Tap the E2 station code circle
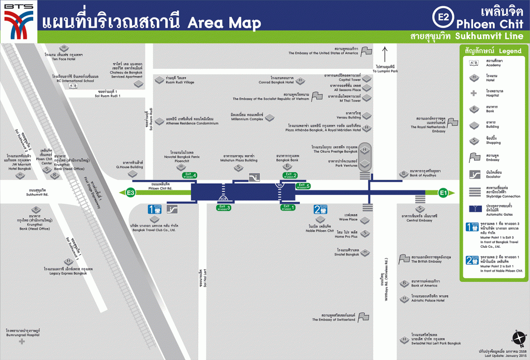[x=443, y=17]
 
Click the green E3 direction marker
[x=131, y=193]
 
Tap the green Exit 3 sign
[x=225, y=207]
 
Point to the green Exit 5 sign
[x=302, y=186]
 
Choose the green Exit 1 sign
[x=288, y=207]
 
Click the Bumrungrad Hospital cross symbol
[x=22, y=341]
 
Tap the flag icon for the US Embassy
[x=366, y=51]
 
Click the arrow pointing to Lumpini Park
[x=385, y=54]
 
